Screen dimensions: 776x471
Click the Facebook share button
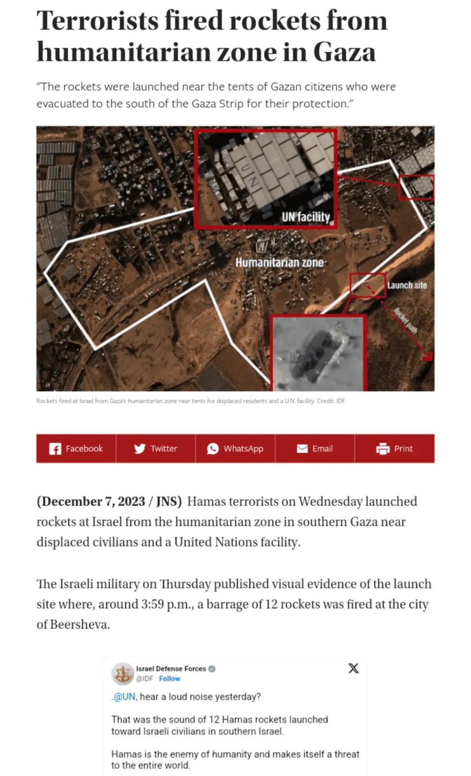(x=76, y=449)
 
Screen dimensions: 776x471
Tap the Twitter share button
(x=156, y=449)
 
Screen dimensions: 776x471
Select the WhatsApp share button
(x=235, y=449)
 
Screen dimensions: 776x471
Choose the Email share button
(x=315, y=449)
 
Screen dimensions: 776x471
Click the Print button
(x=394, y=449)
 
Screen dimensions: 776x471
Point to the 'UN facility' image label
(x=306, y=217)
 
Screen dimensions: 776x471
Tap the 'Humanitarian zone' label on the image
(x=280, y=262)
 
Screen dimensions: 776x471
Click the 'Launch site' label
(x=407, y=285)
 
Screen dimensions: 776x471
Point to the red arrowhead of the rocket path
(x=427, y=356)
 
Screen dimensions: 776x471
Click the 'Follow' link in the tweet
(x=170, y=679)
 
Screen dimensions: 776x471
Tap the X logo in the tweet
(x=354, y=668)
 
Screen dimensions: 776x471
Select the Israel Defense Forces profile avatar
(x=123, y=673)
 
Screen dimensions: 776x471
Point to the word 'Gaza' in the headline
(x=345, y=52)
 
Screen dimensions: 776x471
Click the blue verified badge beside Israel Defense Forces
(x=212, y=669)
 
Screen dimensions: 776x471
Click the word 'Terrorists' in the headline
(x=97, y=21)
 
